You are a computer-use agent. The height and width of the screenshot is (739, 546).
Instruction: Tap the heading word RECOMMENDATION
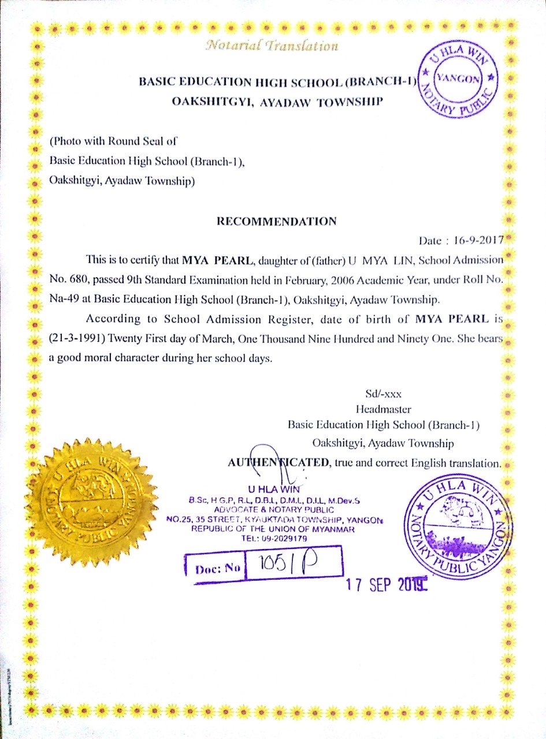276,221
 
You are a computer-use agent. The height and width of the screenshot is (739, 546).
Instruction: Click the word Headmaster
383,410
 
